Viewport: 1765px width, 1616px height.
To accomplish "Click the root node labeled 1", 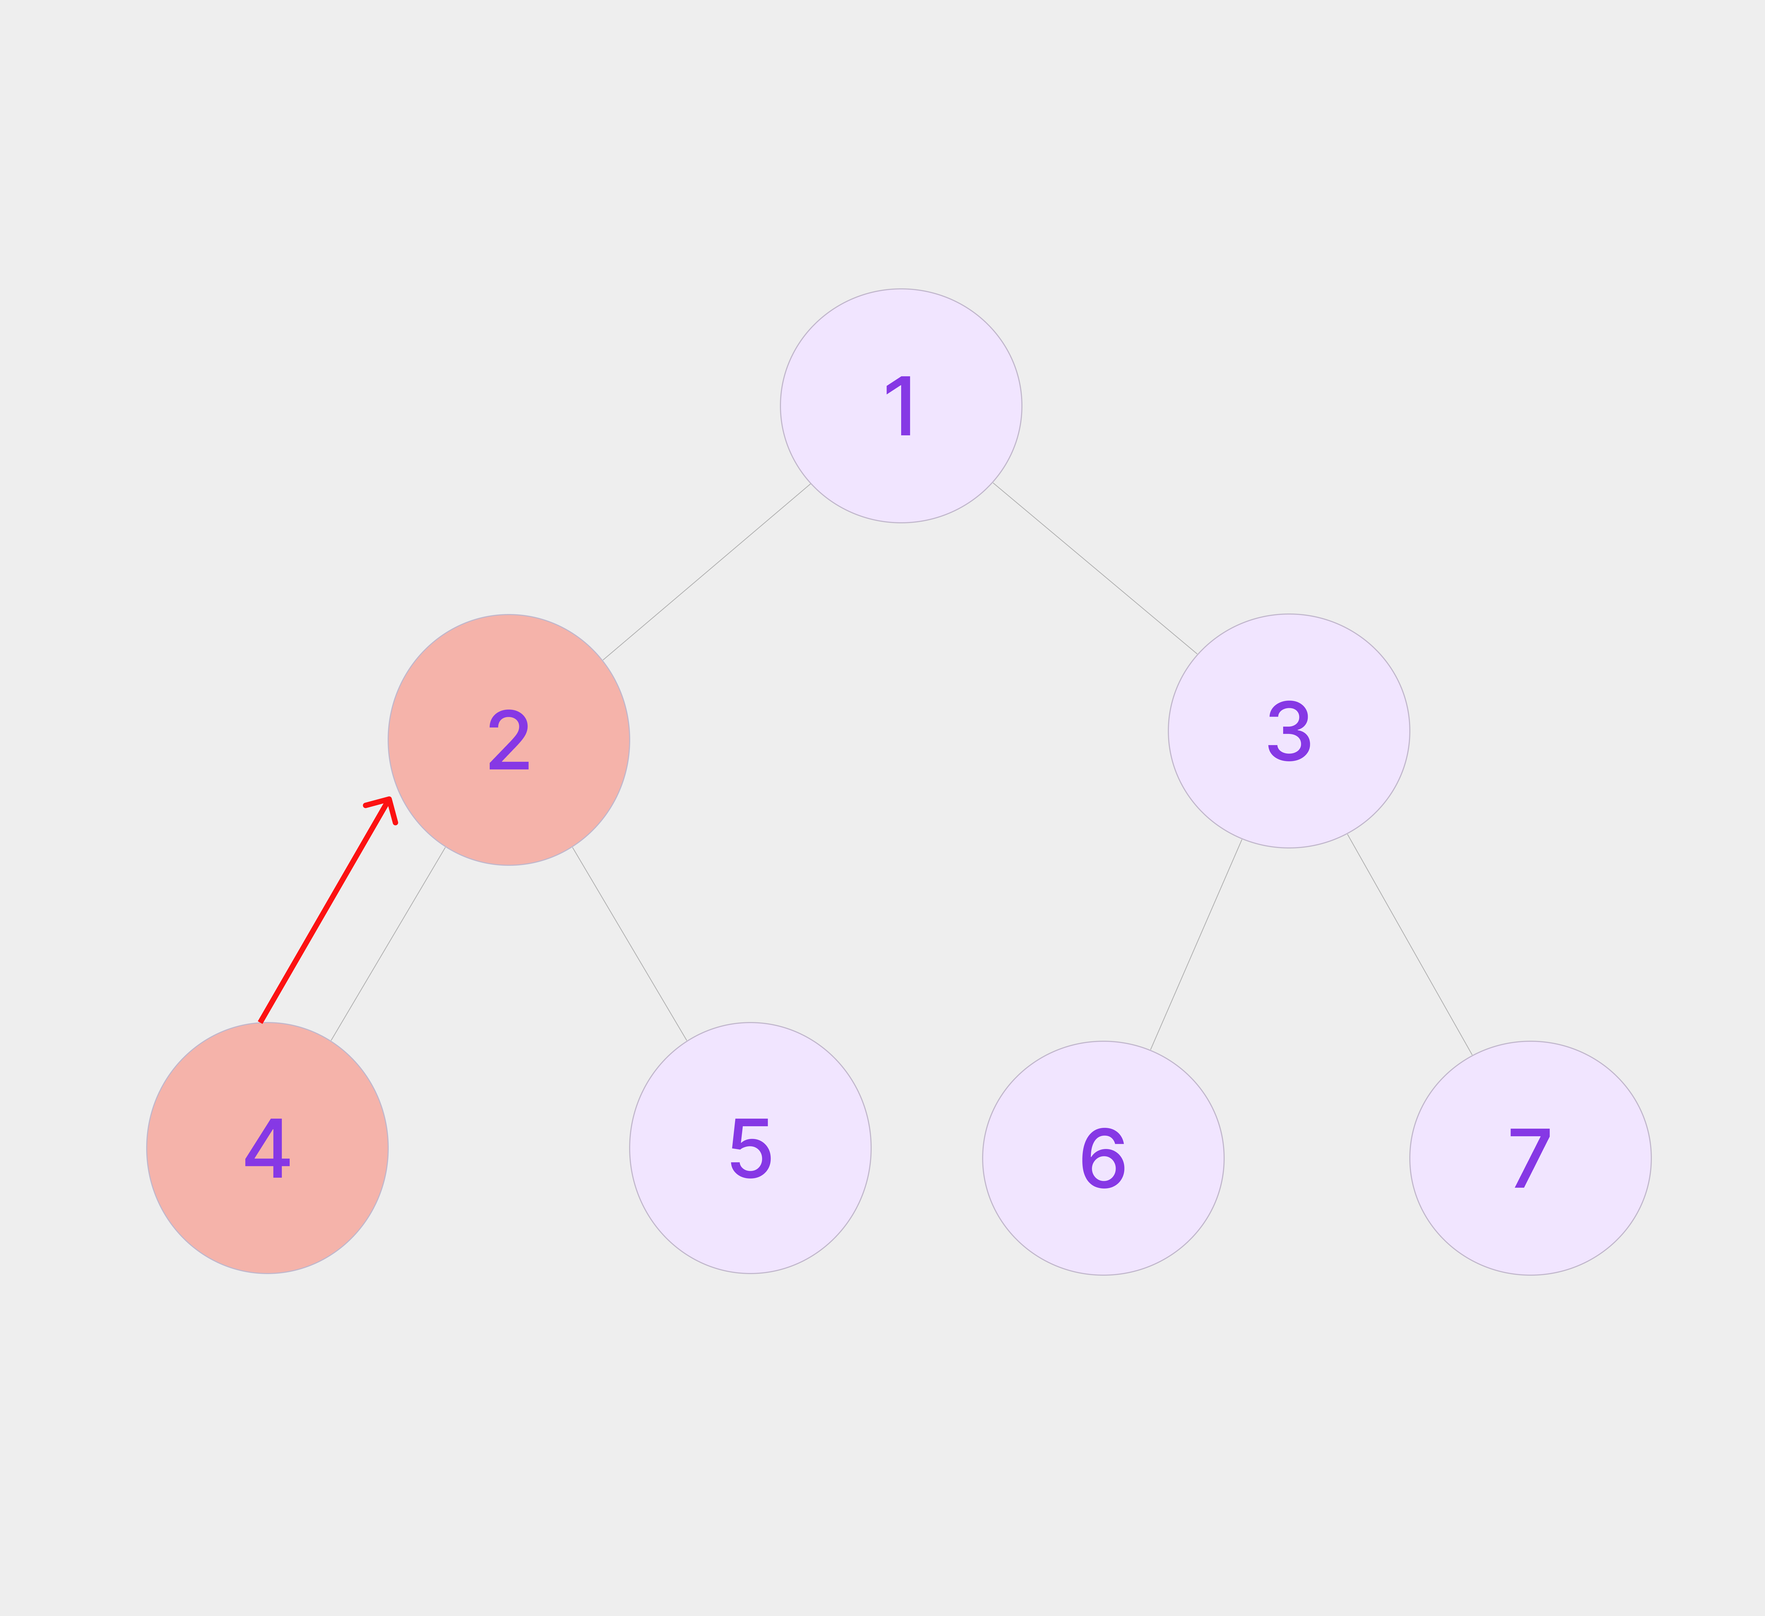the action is click(901, 406).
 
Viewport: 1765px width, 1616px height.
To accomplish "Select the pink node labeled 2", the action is click(509, 740).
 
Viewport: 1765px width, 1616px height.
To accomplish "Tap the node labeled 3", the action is click(1289, 731).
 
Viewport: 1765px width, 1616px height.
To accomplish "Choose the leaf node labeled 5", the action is click(750, 1148).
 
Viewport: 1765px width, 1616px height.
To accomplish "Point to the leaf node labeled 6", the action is click(1103, 1158).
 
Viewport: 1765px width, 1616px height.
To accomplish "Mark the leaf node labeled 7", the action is click(1530, 1158).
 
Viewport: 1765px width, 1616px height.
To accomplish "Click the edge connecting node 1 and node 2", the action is click(707, 572).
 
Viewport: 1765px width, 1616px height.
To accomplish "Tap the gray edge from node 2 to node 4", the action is click(388, 944).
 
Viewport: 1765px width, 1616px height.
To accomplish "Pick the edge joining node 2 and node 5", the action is click(629, 944).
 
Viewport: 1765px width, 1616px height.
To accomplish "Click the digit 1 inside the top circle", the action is click(901, 406).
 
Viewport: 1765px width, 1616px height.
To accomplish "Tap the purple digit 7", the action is click(1530, 1158).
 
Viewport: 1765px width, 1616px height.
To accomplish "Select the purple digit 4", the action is click(267, 1148).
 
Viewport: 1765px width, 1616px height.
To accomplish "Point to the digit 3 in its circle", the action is click(1289, 731).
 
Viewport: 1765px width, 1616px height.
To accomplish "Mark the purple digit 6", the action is click(1103, 1158).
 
